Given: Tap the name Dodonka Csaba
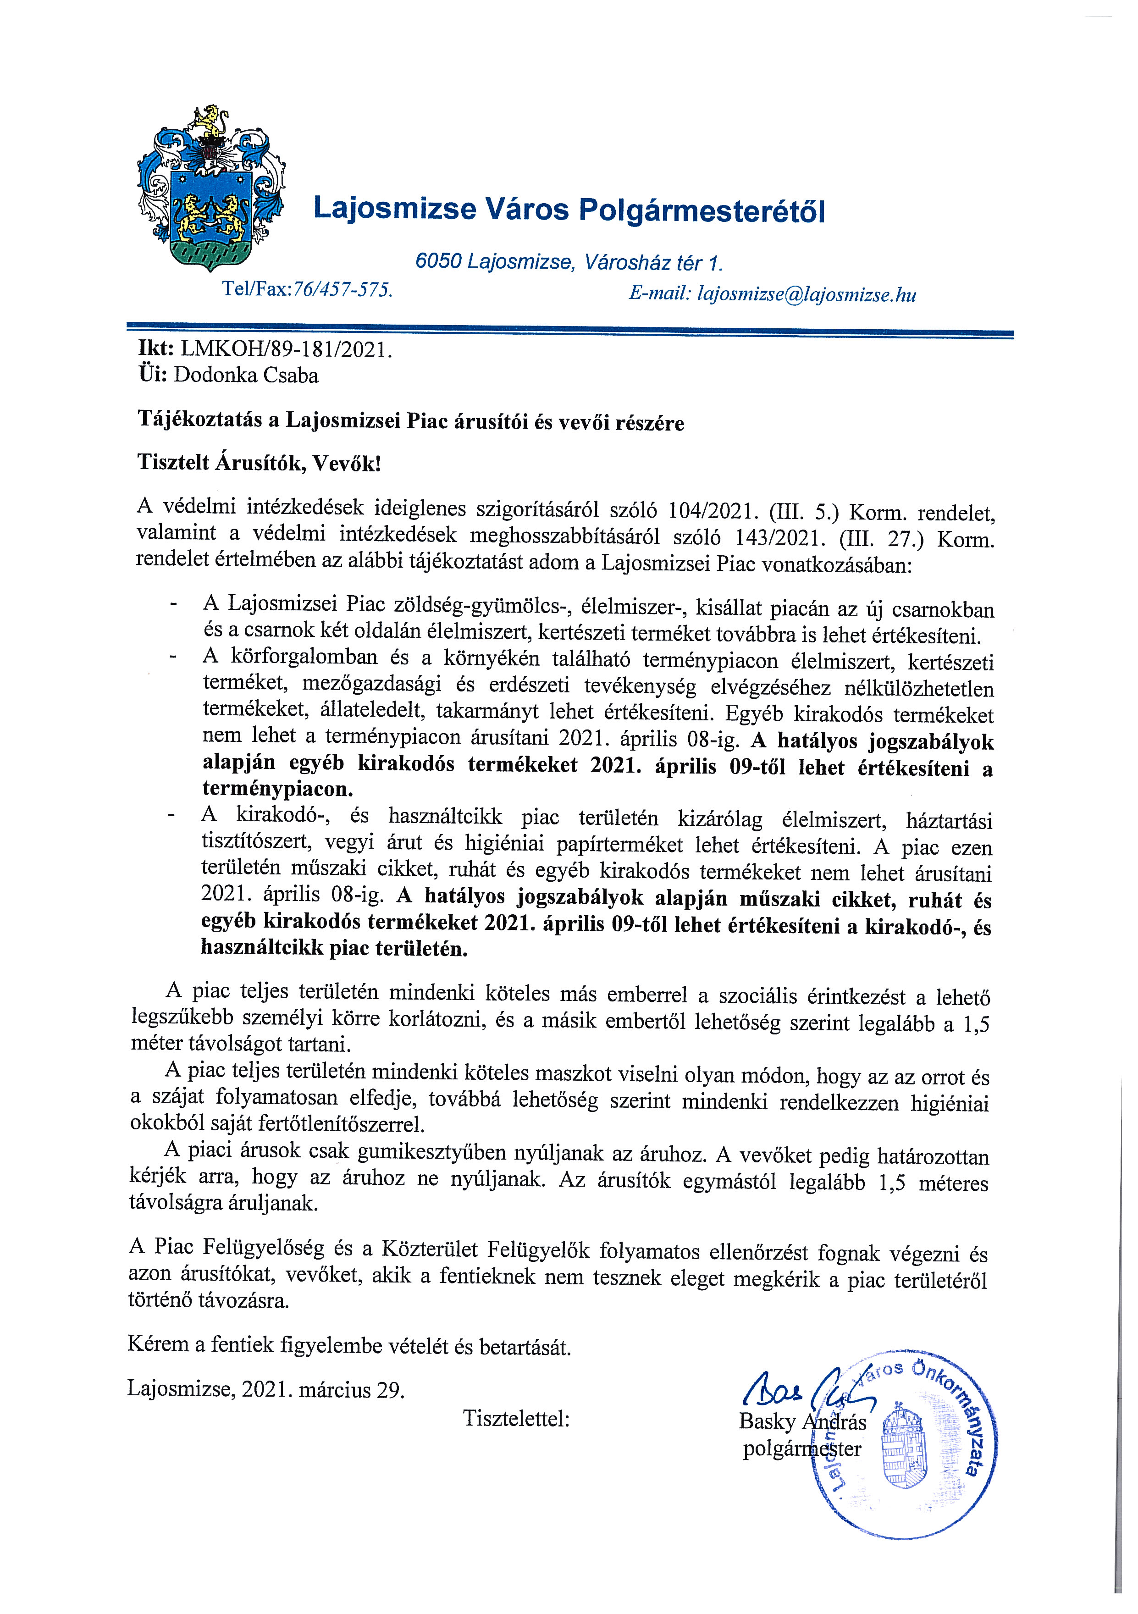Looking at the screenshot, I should point(246,376).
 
